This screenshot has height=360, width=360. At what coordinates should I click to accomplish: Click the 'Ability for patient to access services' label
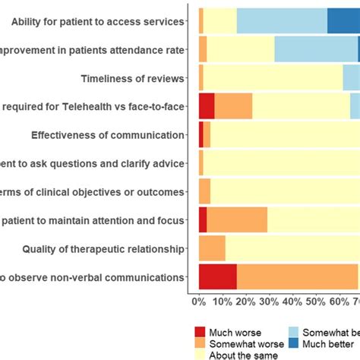[x=98, y=22]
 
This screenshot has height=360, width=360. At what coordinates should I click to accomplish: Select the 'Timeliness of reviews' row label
[x=132, y=78]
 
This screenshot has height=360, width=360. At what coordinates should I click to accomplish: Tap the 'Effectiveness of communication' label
[x=108, y=135]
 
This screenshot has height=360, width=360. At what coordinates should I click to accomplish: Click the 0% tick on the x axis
[x=198, y=302]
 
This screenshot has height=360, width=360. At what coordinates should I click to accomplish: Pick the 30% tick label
[x=269, y=302]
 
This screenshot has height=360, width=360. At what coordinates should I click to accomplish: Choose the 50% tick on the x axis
[x=316, y=302]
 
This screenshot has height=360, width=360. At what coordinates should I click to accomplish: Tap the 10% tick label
[x=222, y=302]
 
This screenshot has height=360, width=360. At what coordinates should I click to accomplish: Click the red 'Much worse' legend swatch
[x=200, y=332]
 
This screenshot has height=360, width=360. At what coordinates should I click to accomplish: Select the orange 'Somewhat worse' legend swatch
[x=200, y=343]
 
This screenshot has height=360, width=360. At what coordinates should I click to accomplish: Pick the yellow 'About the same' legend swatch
[x=200, y=353]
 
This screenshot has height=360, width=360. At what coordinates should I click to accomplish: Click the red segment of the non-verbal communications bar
[x=217, y=277]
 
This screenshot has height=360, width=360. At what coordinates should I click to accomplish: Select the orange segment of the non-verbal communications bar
[x=297, y=277]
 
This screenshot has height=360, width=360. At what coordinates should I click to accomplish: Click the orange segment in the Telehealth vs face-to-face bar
[x=233, y=106]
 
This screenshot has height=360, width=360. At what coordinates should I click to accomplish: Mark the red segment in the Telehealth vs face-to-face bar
[x=207, y=106]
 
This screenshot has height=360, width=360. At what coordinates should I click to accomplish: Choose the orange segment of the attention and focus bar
[x=237, y=220]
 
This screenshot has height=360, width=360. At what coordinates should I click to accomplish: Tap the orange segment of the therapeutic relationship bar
[x=212, y=248]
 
